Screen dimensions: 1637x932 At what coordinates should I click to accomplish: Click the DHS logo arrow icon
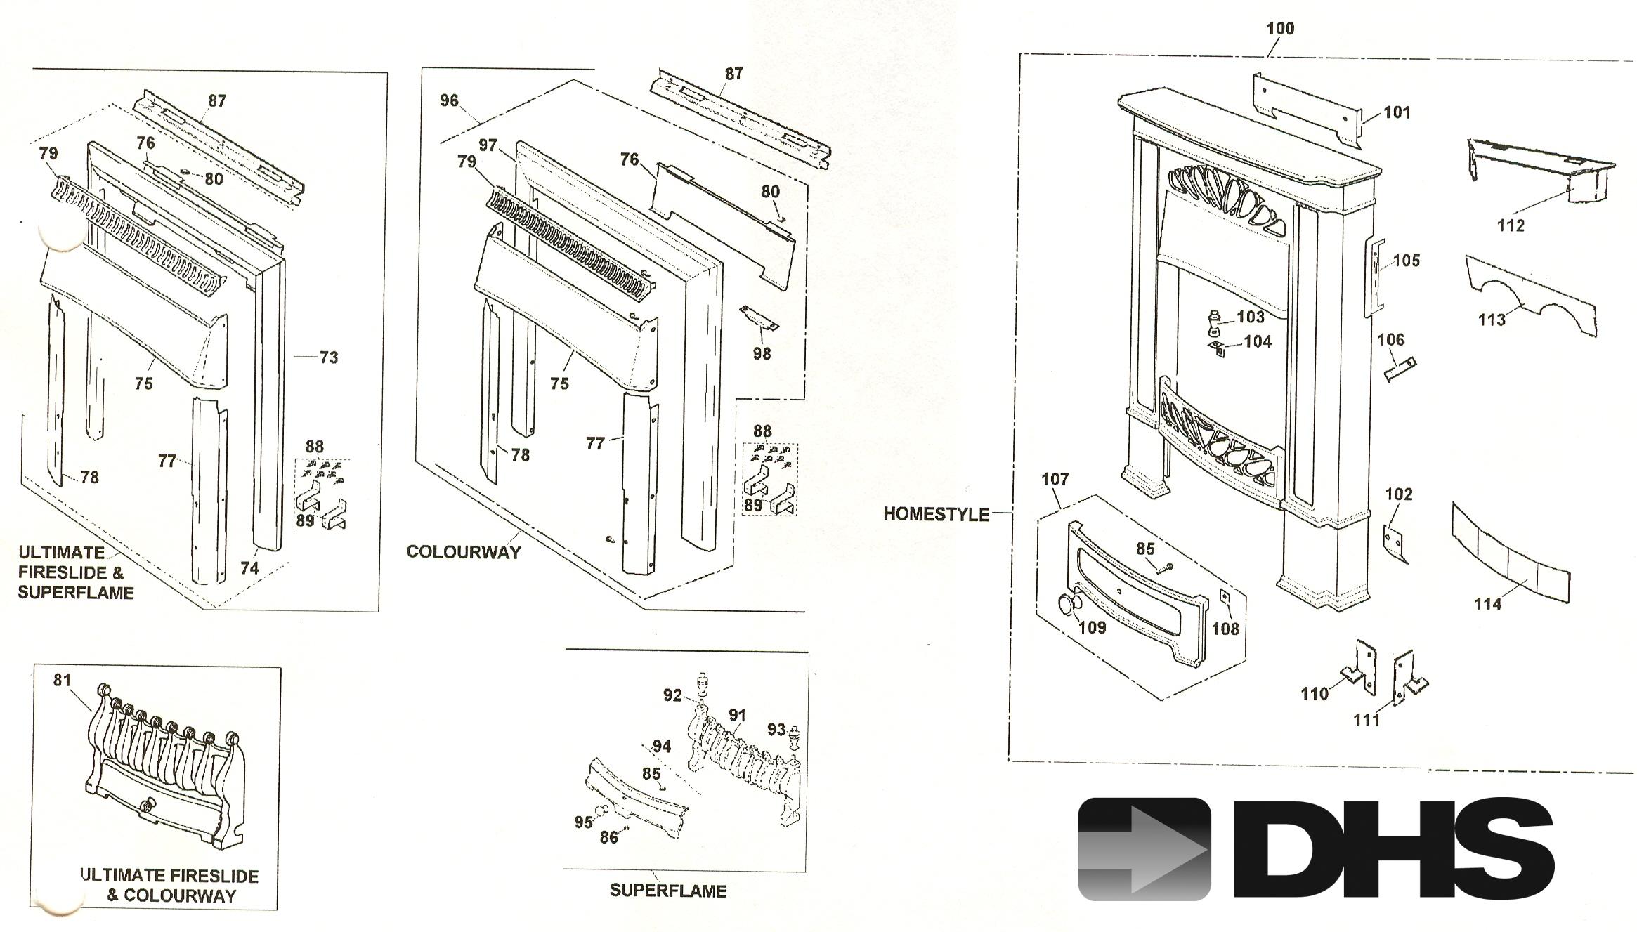click(x=1144, y=848)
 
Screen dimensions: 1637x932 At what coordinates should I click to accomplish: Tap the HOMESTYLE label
click(x=936, y=514)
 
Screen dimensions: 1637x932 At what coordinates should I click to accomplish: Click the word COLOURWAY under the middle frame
click(x=464, y=552)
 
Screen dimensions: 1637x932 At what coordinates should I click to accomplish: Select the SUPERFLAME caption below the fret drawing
click(x=667, y=891)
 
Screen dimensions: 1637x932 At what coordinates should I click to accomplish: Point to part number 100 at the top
click(x=1280, y=29)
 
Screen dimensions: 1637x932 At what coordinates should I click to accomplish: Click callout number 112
click(x=1511, y=225)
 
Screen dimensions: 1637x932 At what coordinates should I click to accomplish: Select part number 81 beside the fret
click(x=63, y=679)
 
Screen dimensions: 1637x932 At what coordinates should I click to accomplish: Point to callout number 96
click(x=450, y=100)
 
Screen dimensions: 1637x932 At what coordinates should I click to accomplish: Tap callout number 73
click(x=329, y=357)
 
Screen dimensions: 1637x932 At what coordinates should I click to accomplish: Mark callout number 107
click(x=1055, y=479)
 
